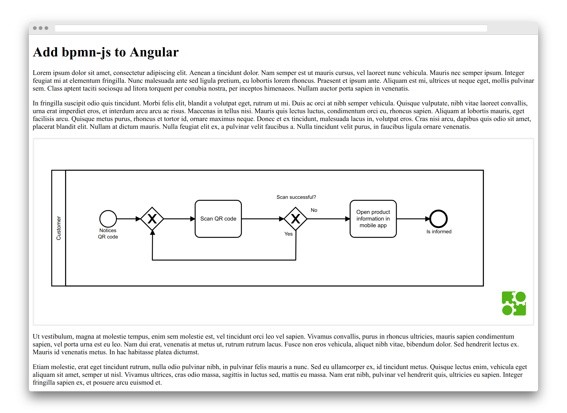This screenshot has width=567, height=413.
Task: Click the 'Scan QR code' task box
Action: pos(218,219)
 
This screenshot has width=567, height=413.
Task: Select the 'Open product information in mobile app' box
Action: pos(373,219)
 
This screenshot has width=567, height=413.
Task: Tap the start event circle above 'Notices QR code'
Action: pos(108,219)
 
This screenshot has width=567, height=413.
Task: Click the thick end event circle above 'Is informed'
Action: pos(438,219)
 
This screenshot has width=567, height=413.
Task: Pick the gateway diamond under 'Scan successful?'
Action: pos(295,219)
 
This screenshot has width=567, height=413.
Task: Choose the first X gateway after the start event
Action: pos(152,219)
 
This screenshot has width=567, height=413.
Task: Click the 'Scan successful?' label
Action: pos(296,197)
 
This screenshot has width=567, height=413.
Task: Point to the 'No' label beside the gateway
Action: pos(314,210)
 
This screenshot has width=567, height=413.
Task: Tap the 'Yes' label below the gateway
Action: pos(288,234)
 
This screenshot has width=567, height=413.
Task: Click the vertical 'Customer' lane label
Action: pos(59,228)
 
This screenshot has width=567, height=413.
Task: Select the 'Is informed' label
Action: pos(439,232)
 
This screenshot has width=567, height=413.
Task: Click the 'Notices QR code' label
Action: pos(108,234)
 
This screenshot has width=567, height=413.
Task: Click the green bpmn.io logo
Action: pos(514,303)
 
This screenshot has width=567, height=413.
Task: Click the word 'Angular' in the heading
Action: pos(154,52)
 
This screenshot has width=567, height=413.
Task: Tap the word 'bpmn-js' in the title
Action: pos(86,52)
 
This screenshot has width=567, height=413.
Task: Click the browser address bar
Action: pos(271,28)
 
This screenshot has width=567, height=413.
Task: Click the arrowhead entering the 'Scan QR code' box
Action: pos(193,219)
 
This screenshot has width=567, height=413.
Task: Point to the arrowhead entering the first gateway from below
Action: pos(152,232)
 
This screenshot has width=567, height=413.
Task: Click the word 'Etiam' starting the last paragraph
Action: pos(41,367)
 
